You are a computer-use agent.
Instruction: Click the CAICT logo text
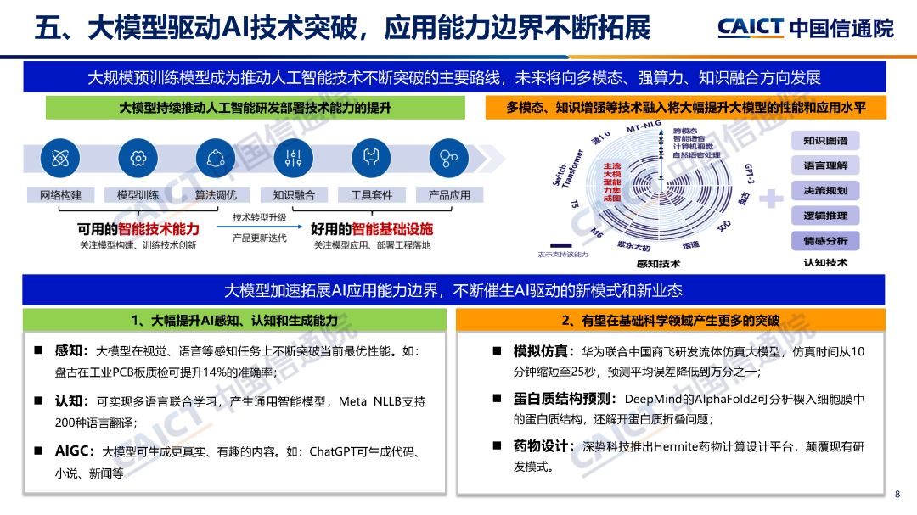(750, 27)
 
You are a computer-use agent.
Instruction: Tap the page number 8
(897, 495)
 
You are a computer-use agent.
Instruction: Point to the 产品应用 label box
(449, 195)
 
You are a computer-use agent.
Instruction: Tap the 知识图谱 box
(825, 141)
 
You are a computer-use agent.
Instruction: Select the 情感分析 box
(825, 241)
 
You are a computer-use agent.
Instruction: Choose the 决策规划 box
(825, 191)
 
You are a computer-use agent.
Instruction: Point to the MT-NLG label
(643, 126)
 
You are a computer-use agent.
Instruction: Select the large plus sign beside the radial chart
(770, 199)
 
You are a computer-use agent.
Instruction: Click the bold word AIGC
(74, 451)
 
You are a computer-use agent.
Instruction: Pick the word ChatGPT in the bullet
(338, 452)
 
